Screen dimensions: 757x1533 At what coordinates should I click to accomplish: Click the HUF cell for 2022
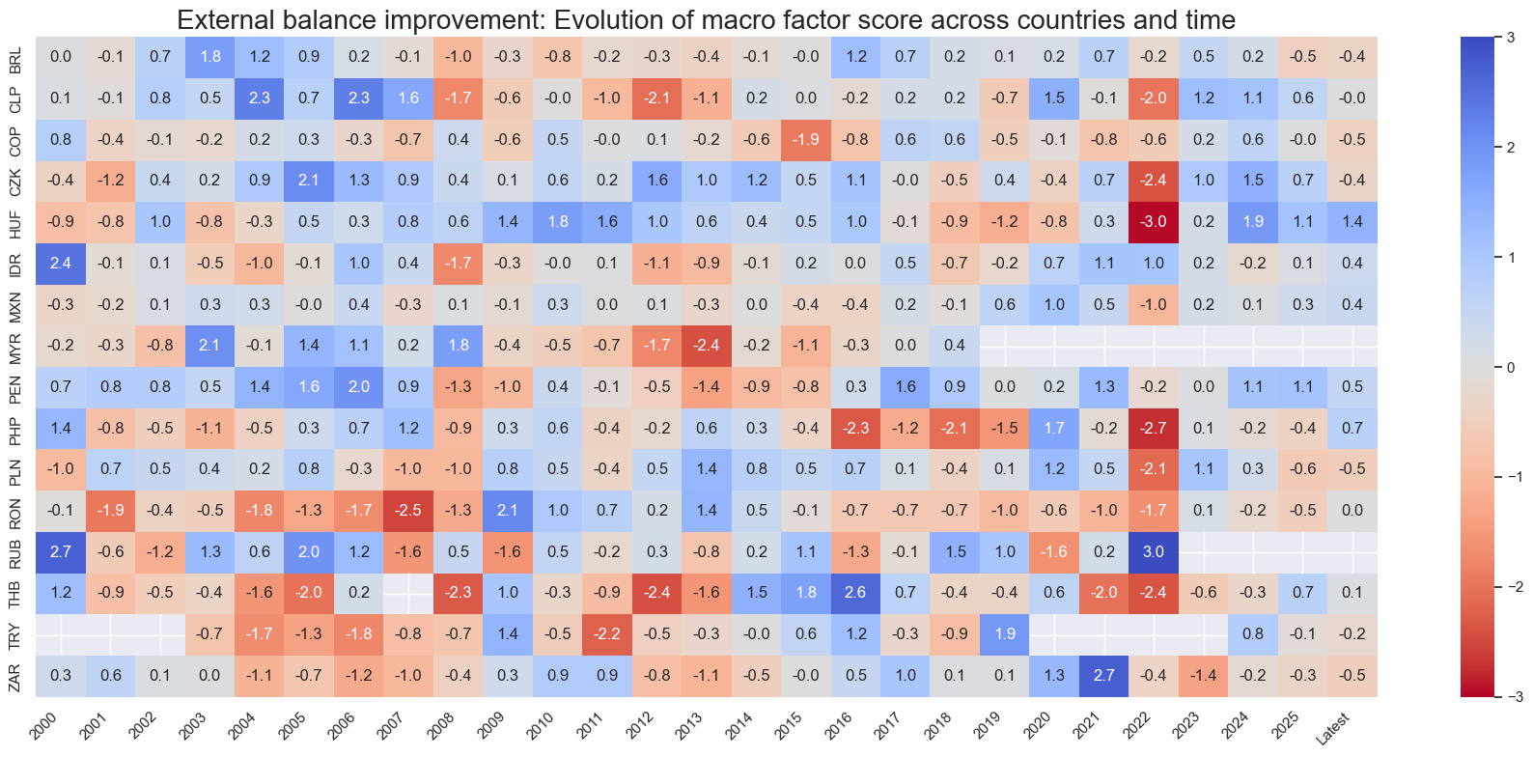tap(1154, 221)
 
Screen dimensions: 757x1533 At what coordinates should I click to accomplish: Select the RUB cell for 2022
tap(1154, 552)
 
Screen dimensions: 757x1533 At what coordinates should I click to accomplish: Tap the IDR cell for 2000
tap(61, 263)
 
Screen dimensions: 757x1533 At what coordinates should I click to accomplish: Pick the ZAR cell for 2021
tap(1104, 676)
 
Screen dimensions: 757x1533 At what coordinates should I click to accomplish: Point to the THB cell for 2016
tap(855, 593)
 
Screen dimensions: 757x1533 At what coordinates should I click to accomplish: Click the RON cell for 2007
tap(408, 511)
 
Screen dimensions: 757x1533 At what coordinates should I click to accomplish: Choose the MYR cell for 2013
tap(707, 346)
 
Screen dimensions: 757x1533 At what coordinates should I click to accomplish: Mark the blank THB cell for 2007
tap(408, 593)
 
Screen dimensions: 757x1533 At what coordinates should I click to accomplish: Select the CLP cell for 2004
tap(260, 98)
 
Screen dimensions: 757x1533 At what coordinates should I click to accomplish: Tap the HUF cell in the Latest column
tap(1352, 221)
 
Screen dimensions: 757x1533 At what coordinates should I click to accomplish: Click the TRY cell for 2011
tap(607, 634)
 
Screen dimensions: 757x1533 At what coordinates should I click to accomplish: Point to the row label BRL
tap(15, 57)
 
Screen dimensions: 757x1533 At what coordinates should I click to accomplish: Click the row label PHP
tap(15, 429)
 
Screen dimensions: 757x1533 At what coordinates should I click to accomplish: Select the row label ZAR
tap(15, 676)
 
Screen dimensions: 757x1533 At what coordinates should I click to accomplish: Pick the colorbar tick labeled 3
tap(1511, 38)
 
